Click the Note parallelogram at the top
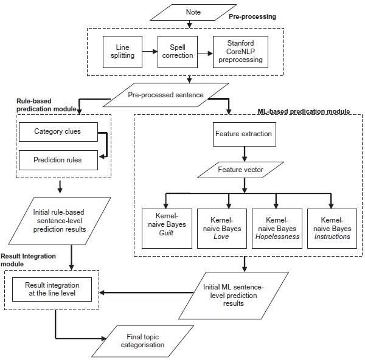pyautogui.click(x=193, y=12)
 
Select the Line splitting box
pyautogui.click(x=122, y=52)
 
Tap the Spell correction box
pyautogui.click(x=178, y=52)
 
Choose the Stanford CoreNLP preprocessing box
pyautogui.click(x=240, y=52)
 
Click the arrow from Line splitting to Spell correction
pyautogui.click(x=150, y=52)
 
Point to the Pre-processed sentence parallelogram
pyautogui.click(x=165, y=95)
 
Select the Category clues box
pyautogui.click(x=58, y=132)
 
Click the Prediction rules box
pyautogui.click(x=58, y=160)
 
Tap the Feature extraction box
pyautogui.click(x=245, y=134)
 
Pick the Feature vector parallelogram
pyautogui.click(x=240, y=170)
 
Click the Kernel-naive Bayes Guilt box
pyautogui.click(x=167, y=229)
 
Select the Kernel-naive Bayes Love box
pyautogui.click(x=222, y=229)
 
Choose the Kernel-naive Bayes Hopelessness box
pyautogui.click(x=277, y=229)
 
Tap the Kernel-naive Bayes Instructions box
pyautogui.click(x=332, y=229)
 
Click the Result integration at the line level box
pyautogui.click(x=52, y=289)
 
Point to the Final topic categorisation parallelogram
pyautogui.click(x=142, y=341)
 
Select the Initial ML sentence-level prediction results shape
pyautogui.click(x=234, y=296)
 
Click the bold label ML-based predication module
pyautogui.click(x=304, y=111)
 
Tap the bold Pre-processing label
pyautogui.click(x=252, y=17)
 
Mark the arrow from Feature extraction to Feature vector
pyautogui.click(x=245, y=154)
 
